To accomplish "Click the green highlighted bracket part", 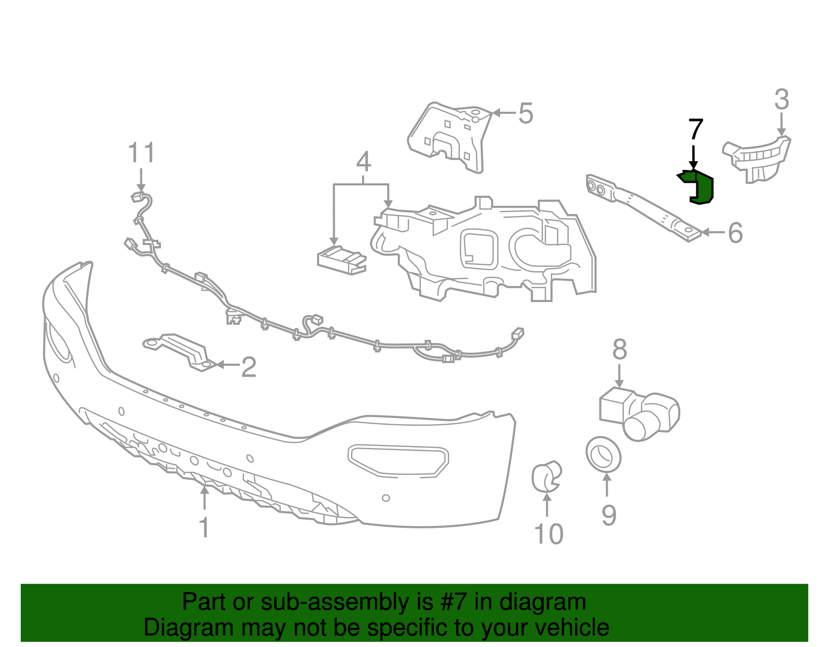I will coord(700,187).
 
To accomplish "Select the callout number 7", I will coord(695,130).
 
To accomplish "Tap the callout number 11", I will coord(141,153).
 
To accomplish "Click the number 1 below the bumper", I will coord(204,527).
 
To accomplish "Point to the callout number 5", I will coord(525,113).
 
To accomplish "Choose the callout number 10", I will coord(548,534).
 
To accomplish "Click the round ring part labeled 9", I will coord(603,454).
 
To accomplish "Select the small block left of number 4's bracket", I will coord(341,259).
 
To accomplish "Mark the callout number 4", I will coord(363,162).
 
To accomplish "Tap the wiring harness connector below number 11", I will coord(138,196).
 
